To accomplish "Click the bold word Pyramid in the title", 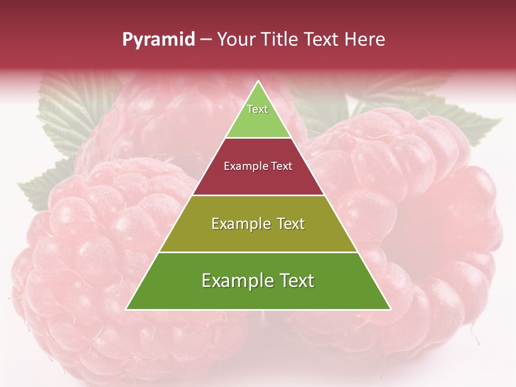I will [158, 40].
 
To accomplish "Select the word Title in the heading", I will [282, 39].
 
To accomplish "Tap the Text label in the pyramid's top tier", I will [257, 109].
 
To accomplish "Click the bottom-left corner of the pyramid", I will [127, 309].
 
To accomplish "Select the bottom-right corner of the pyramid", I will [390, 309].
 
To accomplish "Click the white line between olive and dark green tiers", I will [258, 252].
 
